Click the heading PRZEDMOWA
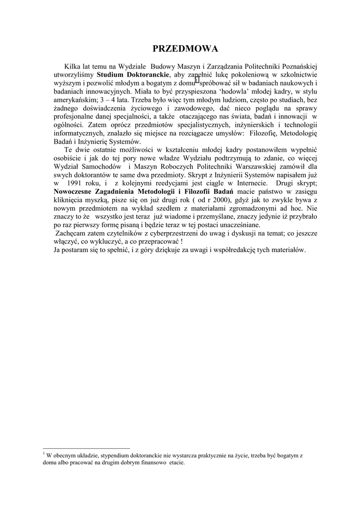(x=185, y=49)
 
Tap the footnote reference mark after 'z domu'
(x=197, y=80)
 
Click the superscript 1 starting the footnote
(x=44, y=453)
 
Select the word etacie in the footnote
(x=176, y=463)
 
